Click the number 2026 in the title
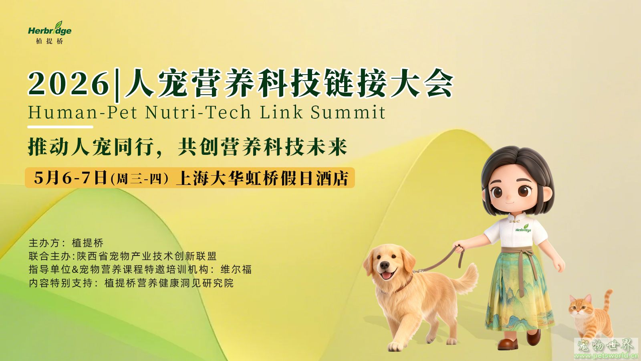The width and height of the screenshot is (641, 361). pos(69,84)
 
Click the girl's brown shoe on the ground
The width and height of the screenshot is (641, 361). pos(508,344)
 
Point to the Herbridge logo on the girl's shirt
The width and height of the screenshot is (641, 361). pos(523,229)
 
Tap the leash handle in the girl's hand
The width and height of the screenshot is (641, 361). pos(459,250)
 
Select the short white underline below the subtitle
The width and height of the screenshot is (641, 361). pos(60,127)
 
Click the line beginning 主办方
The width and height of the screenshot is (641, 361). pos(66,243)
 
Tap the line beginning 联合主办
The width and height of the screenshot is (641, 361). pos(123,256)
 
